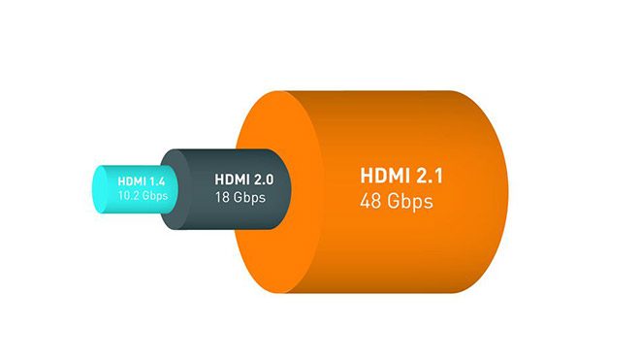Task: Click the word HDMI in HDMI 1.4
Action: click(x=131, y=180)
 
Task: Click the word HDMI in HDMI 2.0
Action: click(x=230, y=179)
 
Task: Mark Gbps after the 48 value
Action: click(x=411, y=202)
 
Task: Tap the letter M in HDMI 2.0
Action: click(x=235, y=179)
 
